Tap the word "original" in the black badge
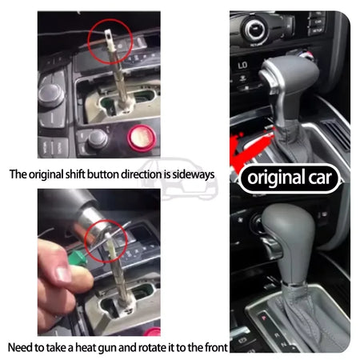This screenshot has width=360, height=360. click(276, 178)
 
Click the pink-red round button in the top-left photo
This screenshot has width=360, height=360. click(142, 138)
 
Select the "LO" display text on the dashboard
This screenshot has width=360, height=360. click(242, 65)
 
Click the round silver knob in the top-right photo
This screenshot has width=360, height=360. click(254, 29)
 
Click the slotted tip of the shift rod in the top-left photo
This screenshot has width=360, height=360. click(109, 37)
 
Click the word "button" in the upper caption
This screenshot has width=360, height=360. click(103, 174)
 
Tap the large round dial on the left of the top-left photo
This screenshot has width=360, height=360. click(50, 94)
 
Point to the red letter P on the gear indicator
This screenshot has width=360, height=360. click(264, 318)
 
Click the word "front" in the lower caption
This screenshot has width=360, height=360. click(216, 347)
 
